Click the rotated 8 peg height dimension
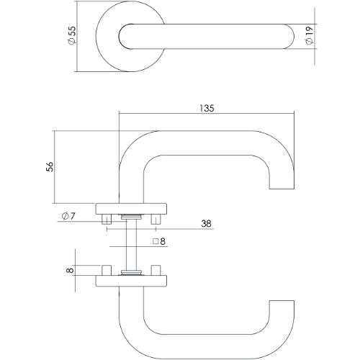pos(70,271)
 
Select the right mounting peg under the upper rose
pos(155,218)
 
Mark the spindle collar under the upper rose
pos(131,217)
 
